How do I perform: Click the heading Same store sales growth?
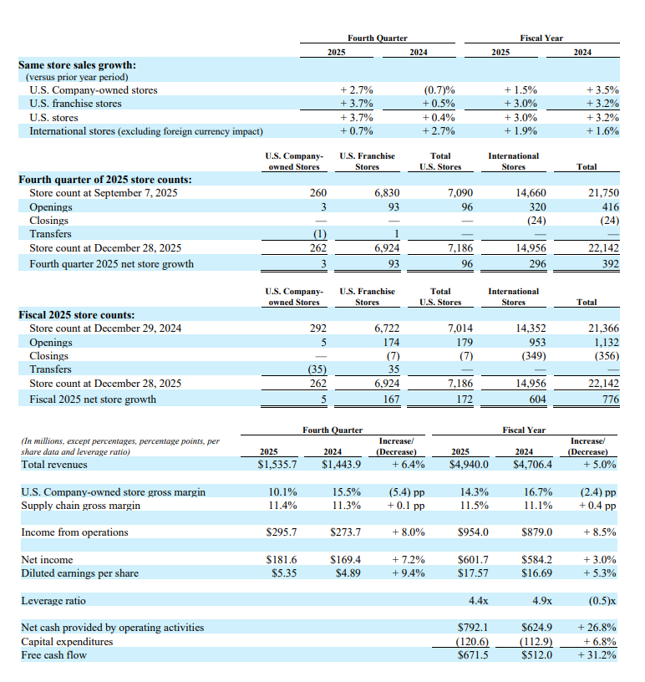coord(78,64)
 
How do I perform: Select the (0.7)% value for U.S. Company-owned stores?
coord(439,90)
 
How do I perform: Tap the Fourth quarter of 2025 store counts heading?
coord(105,180)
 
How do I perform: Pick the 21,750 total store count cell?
coord(602,193)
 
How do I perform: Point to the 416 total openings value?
coord(608,206)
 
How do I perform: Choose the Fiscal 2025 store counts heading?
coord(76,315)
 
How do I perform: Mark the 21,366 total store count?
coord(602,328)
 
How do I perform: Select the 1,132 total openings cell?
coord(604,342)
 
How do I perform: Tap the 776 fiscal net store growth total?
coord(610,399)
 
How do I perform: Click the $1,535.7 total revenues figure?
coord(277,464)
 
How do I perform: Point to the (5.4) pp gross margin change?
coord(406,492)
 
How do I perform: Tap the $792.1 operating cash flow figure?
coord(472,627)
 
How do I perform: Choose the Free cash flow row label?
coord(53,654)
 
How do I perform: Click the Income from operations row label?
coord(74,532)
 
